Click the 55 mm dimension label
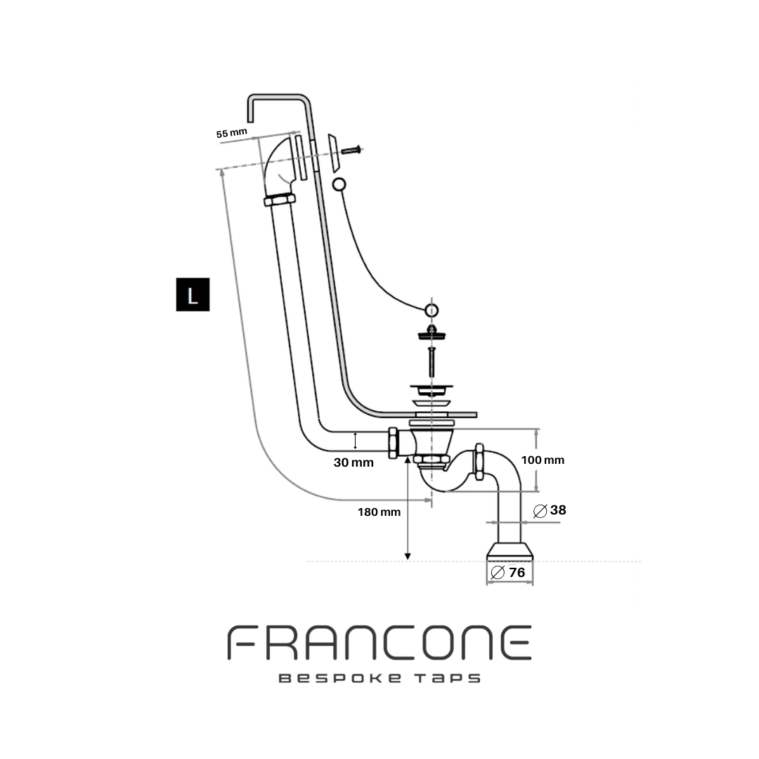(232, 133)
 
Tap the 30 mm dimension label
(353, 462)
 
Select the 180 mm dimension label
(379, 512)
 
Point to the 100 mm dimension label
(543, 460)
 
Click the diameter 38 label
(550, 510)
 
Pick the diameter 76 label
(508, 572)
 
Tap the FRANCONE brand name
(379, 643)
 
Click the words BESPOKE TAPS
(379, 679)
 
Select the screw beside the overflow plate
(351, 150)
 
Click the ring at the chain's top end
(339, 185)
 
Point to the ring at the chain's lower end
(432, 309)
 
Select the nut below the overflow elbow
(280, 200)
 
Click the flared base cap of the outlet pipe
(510, 551)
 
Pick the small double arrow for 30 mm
(355, 441)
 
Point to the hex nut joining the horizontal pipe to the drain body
(393, 443)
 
